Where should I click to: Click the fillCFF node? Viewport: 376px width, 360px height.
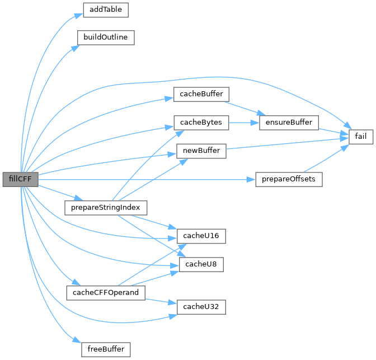(20, 179)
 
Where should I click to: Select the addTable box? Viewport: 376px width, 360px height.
(106, 10)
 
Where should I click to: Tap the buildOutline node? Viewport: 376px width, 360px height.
(106, 38)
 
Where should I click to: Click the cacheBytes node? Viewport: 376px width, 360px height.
(201, 122)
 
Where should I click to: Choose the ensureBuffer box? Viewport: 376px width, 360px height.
(289, 122)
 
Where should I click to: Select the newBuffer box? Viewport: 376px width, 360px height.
(201, 151)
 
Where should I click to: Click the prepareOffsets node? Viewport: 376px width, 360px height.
(289, 179)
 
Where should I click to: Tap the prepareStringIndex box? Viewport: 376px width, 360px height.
(106, 208)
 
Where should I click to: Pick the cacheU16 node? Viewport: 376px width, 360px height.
(201, 236)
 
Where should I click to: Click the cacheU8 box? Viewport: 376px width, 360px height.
(201, 264)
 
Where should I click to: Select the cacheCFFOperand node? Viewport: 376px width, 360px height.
(106, 292)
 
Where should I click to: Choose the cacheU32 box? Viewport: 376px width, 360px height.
(201, 307)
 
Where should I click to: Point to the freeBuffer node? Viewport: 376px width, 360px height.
(106, 349)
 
